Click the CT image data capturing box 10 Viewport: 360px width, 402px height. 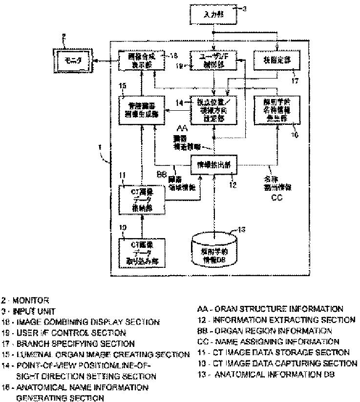point(141,251)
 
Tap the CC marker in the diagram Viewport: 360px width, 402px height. point(276,199)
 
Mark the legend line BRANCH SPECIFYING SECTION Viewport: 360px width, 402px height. point(69,343)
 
